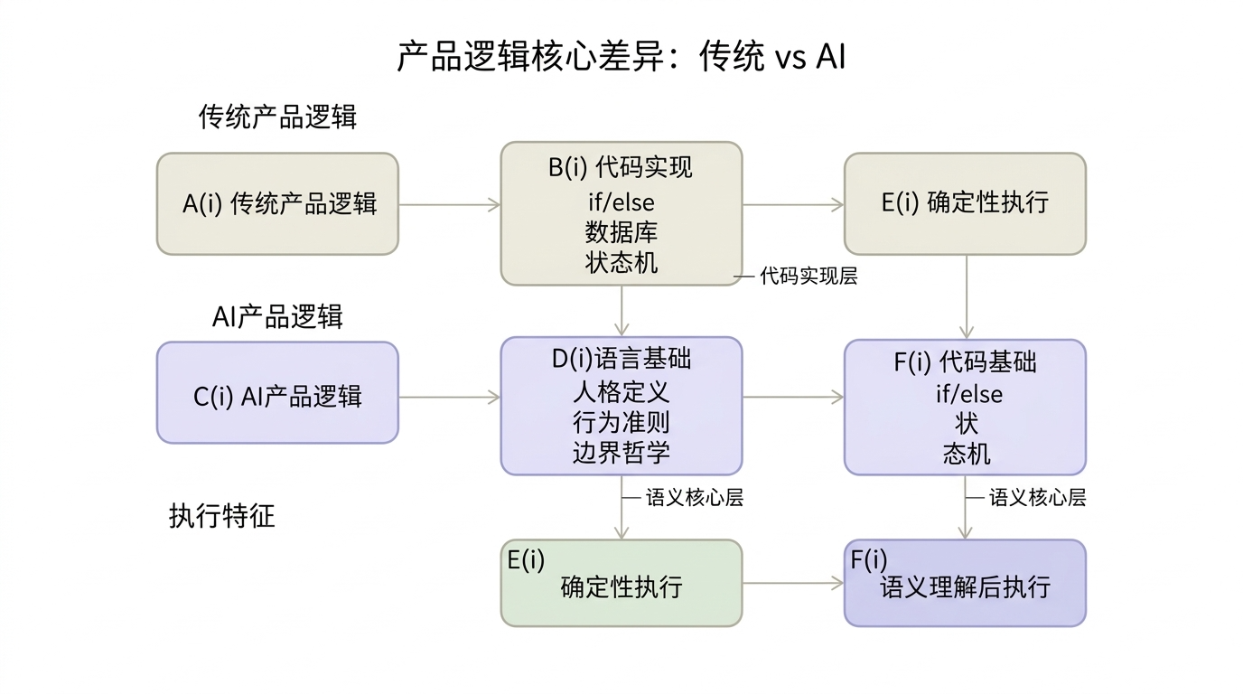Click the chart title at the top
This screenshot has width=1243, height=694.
click(x=621, y=57)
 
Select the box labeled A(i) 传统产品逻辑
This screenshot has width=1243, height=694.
click(x=277, y=203)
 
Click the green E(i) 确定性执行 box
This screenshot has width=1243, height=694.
click(x=621, y=583)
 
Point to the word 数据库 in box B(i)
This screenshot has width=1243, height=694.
click(x=621, y=232)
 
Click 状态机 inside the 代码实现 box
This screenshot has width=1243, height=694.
click(x=621, y=262)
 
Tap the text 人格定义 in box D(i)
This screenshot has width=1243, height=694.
click(x=621, y=392)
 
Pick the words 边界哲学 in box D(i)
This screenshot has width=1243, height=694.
click(x=621, y=452)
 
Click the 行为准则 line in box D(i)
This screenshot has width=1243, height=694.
click(x=621, y=422)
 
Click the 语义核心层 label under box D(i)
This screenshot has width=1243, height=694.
click(x=694, y=497)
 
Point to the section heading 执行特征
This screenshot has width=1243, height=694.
click(x=221, y=516)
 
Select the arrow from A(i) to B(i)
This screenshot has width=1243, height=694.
click(x=449, y=204)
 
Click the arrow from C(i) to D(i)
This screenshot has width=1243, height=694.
click(x=449, y=397)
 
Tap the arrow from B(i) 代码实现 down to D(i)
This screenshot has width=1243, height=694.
click(x=621, y=311)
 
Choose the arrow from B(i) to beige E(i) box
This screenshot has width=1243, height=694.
click(x=792, y=204)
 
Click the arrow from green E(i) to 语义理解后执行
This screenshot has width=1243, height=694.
click(x=792, y=583)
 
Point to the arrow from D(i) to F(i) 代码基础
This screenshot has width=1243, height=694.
click(x=792, y=397)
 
